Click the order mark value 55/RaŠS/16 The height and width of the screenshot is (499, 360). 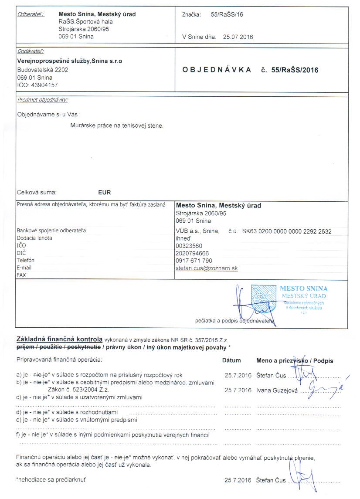click(227, 14)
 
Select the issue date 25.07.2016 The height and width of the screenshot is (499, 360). click(238, 37)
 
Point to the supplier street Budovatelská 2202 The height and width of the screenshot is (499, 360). click(42, 69)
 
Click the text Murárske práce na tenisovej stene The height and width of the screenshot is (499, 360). click(117, 126)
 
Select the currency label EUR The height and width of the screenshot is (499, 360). click(105, 192)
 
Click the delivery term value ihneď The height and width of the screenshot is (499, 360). click(183, 238)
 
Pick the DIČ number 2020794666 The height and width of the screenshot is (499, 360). click(192, 253)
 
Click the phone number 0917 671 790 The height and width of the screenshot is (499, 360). click(194, 261)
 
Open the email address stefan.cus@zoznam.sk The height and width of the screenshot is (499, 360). click(207, 268)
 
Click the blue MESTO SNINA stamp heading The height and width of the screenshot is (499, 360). click(304, 289)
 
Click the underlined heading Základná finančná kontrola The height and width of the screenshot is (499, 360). click(59, 339)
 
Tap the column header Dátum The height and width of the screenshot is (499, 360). click(231, 361)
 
